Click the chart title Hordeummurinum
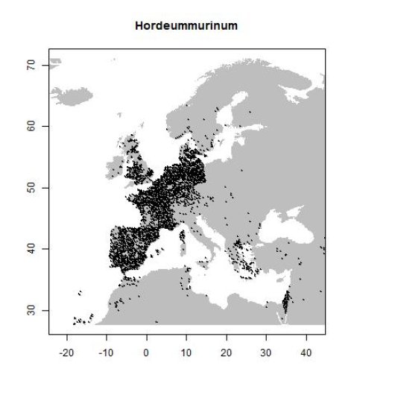[x=186, y=26]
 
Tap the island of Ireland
[x=115, y=169]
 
